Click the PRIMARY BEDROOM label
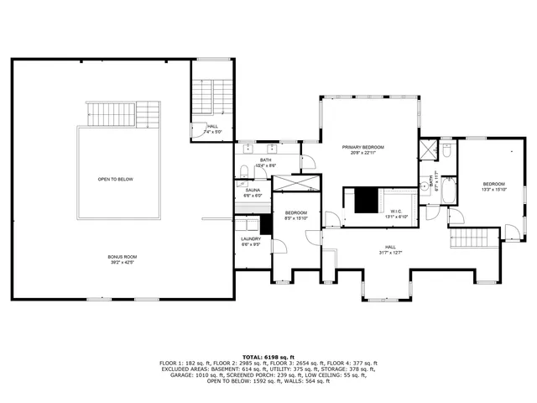[x=362, y=147]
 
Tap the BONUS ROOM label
[x=122, y=257]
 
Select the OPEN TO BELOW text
[x=115, y=179]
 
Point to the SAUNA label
[x=253, y=190]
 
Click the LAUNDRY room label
[x=251, y=238]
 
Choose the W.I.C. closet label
[x=396, y=211]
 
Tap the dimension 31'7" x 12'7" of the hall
[x=391, y=252]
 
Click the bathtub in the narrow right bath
[x=450, y=194]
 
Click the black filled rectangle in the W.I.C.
[x=366, y=201]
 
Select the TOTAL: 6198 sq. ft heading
[x=268, y=356]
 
